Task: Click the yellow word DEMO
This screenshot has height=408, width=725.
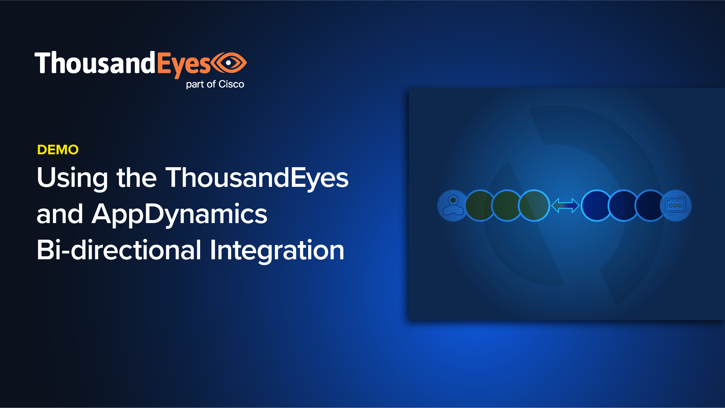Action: (x=58, y=150)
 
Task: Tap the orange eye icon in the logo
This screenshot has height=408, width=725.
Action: (x=229, y=63)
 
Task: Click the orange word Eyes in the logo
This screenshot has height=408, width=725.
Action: (x=184, y=64)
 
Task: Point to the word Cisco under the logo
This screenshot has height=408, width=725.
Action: (x=231, y=84)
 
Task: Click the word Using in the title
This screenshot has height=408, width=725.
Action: (x=72, y=178)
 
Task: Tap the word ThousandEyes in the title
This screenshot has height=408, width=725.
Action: (x=257, y=178)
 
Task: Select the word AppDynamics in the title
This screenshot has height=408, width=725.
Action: (x=179, y=214)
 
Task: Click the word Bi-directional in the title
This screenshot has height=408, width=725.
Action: (x=119, y=250)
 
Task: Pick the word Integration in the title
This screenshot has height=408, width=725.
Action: (x=277, y=251)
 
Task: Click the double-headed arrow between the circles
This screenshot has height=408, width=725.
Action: (x=565, y=206)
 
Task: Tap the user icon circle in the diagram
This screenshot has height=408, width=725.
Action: (x=453, y=206)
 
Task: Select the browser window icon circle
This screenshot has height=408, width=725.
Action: (x=676, y=206)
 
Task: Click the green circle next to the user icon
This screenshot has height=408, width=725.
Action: (x=480, y=206)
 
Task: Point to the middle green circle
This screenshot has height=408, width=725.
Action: (x=507, y=206)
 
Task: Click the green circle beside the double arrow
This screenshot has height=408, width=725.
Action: (x=534, y=206)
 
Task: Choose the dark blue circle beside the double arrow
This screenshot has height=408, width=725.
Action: (x=597, y=206)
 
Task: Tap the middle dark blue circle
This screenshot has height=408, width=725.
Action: (x=623, y=206)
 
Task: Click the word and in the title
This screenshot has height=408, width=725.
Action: (x=60, y=214)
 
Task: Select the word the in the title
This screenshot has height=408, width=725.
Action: (x=136, y=177)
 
